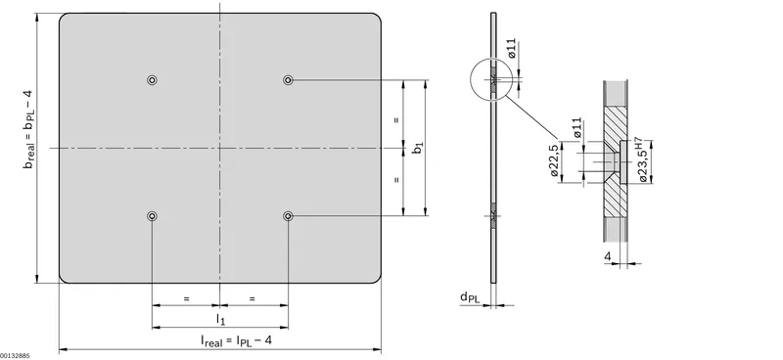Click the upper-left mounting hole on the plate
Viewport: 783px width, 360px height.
pos(153,80)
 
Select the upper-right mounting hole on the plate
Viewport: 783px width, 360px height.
pos(288,80)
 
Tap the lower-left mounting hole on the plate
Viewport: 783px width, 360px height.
pos(153,215)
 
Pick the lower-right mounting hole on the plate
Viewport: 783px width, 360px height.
pos(288,215)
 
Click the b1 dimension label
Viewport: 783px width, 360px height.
pos(419,148)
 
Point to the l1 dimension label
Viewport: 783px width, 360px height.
pos(220,318)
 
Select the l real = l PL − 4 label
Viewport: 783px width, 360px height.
pos(236,340)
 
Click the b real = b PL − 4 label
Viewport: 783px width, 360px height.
pos(28,129)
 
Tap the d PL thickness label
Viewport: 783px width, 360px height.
pos(470,297)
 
